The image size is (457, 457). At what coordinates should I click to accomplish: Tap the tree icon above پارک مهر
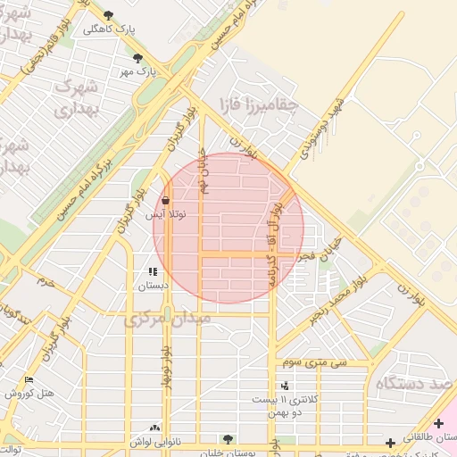point(137,58)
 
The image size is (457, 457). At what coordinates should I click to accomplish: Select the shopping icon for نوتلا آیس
point(166,201)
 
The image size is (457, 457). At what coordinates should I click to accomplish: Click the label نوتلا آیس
point(166,215)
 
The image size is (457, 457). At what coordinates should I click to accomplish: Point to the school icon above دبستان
point(153,271)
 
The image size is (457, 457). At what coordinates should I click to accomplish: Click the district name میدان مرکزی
point(168,318)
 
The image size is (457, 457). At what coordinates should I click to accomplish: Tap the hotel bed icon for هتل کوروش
point(29,380)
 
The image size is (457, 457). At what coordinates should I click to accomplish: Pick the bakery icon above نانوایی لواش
point(155,428)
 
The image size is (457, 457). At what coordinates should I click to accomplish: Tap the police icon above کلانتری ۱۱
point(285,386)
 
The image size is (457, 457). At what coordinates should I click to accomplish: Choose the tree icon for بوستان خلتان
point(228,439)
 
